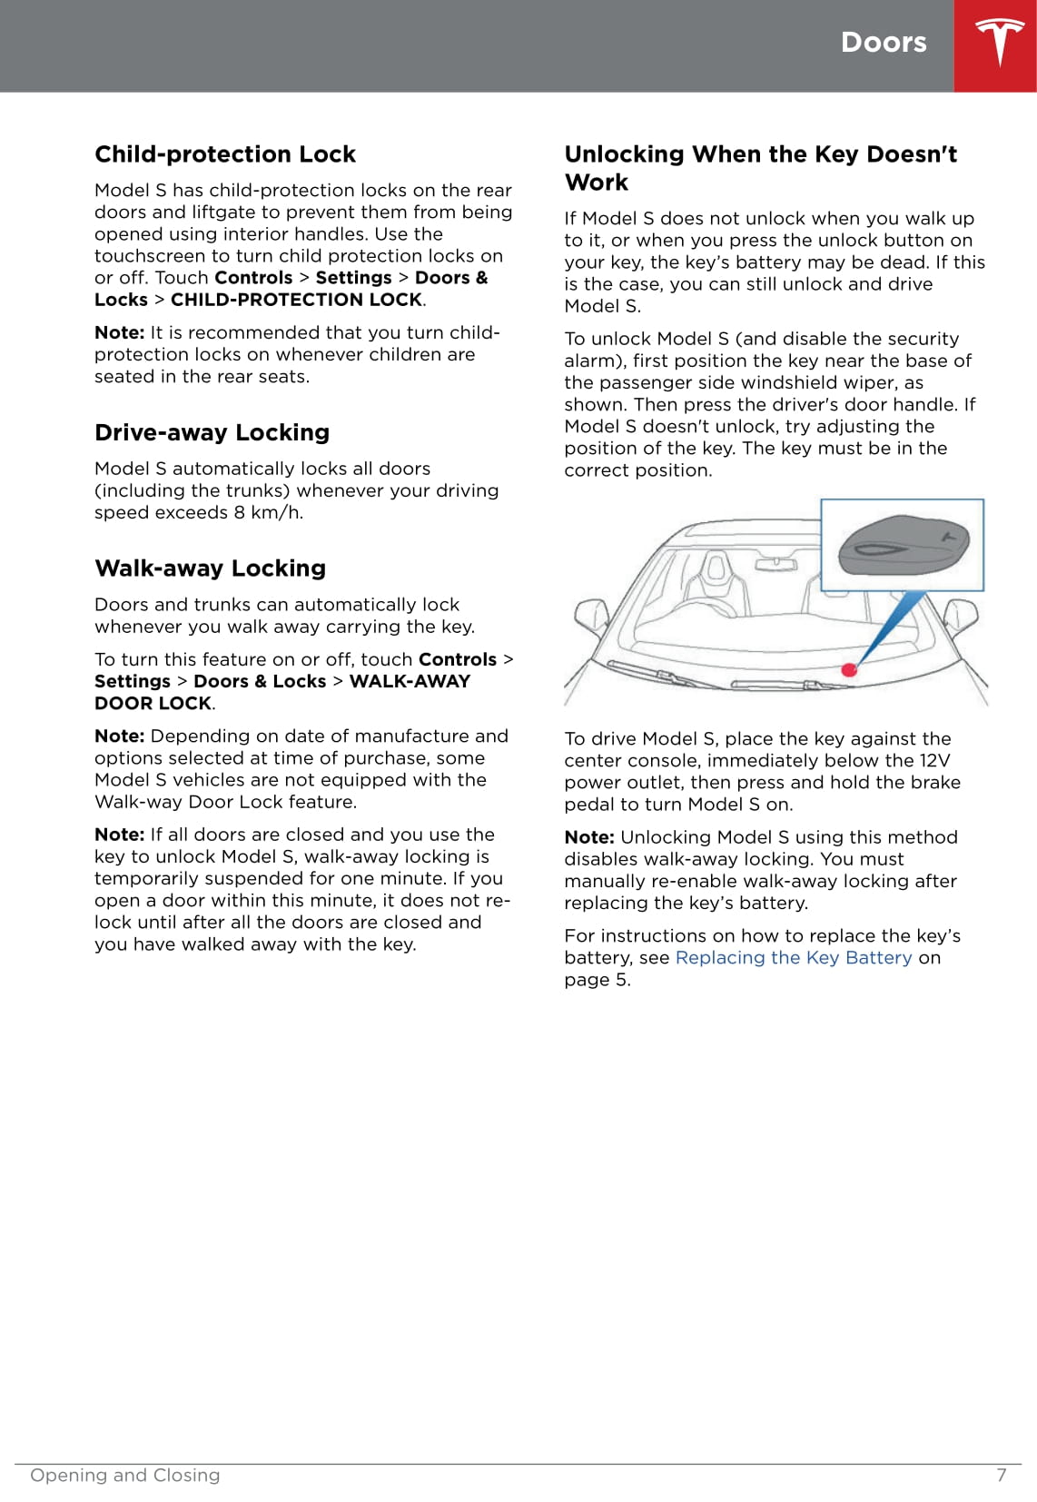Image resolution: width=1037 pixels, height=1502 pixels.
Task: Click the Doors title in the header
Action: pyautogui.click(x=883, y=43)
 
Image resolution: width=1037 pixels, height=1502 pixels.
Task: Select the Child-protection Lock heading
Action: pyautogui.click(x=225, y=154)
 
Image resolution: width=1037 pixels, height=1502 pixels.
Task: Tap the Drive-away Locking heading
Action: pyautogui.click(x=212, y=432)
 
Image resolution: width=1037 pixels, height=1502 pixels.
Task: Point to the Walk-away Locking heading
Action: pyautogui.click(x=210, y=568)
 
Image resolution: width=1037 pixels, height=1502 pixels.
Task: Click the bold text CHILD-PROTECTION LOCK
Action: pyautogui.click(x=296, y=300)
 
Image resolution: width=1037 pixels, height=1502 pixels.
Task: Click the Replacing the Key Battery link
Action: pyautogui.click(x=794, y=958)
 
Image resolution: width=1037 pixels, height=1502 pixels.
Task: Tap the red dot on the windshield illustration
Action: pyautogui.click(x=849, y=670)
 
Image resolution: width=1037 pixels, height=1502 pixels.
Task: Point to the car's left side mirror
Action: pyautogui.click(x=592, y=616)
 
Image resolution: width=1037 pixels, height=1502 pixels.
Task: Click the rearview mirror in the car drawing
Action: pyautogui.click(x=776, y=564)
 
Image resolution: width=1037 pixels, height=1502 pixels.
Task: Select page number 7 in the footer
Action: pyautogui.click(x=1002, y=1475)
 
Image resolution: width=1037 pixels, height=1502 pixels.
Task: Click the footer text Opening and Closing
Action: pyautogui.click(x=125, y=1475)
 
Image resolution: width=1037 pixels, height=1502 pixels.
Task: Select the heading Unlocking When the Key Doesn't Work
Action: pyautogui.click(x=760, y=168)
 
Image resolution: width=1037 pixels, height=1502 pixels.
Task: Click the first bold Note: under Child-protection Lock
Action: pyautogui.click(x=119, y=333)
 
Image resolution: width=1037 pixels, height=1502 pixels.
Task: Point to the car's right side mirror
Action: pyautogui.click(x=961, y=616)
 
